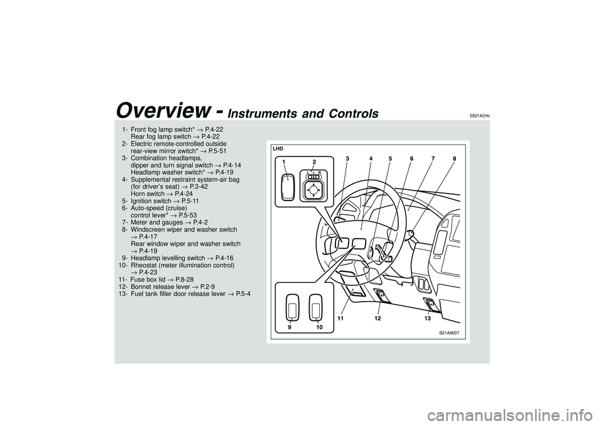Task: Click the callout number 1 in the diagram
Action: point(284,162)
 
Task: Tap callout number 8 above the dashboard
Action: point(454,158)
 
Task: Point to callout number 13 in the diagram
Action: point(427,319)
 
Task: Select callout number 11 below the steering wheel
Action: point(340,319)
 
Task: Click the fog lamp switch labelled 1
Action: point(288,187)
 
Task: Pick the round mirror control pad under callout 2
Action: point(313,188)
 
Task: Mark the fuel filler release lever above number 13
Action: point(431,305)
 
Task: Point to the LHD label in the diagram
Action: point(278,148)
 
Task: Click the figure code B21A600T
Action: point(450,333)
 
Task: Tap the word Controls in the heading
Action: point(355,114)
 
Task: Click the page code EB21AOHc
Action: point(479,115)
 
